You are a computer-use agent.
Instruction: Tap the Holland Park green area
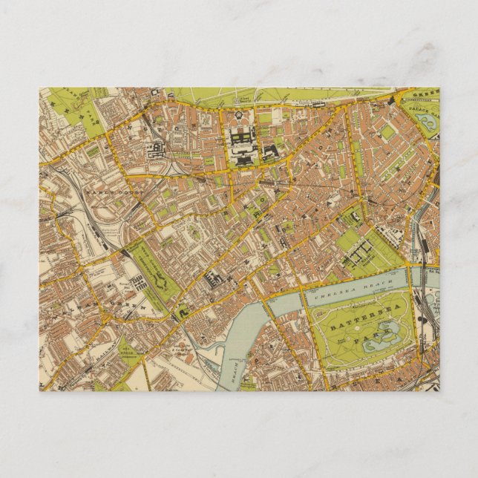pyautogui.click(x=92, y=116)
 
